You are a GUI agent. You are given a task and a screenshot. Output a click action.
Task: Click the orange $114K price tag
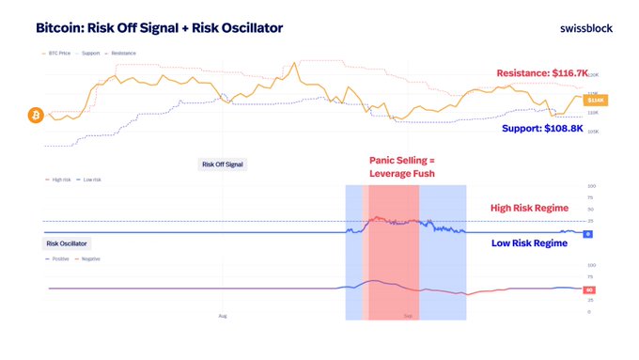coord(596,100)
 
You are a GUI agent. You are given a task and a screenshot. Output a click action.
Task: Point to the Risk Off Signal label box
coord(223,164)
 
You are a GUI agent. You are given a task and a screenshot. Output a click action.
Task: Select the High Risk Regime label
coord(529,209)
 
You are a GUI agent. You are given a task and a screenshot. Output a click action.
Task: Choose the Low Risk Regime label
coord(529,243)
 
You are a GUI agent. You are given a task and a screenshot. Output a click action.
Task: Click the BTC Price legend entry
coord(58,54)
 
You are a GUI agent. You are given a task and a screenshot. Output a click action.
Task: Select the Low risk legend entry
coord(92,180)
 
